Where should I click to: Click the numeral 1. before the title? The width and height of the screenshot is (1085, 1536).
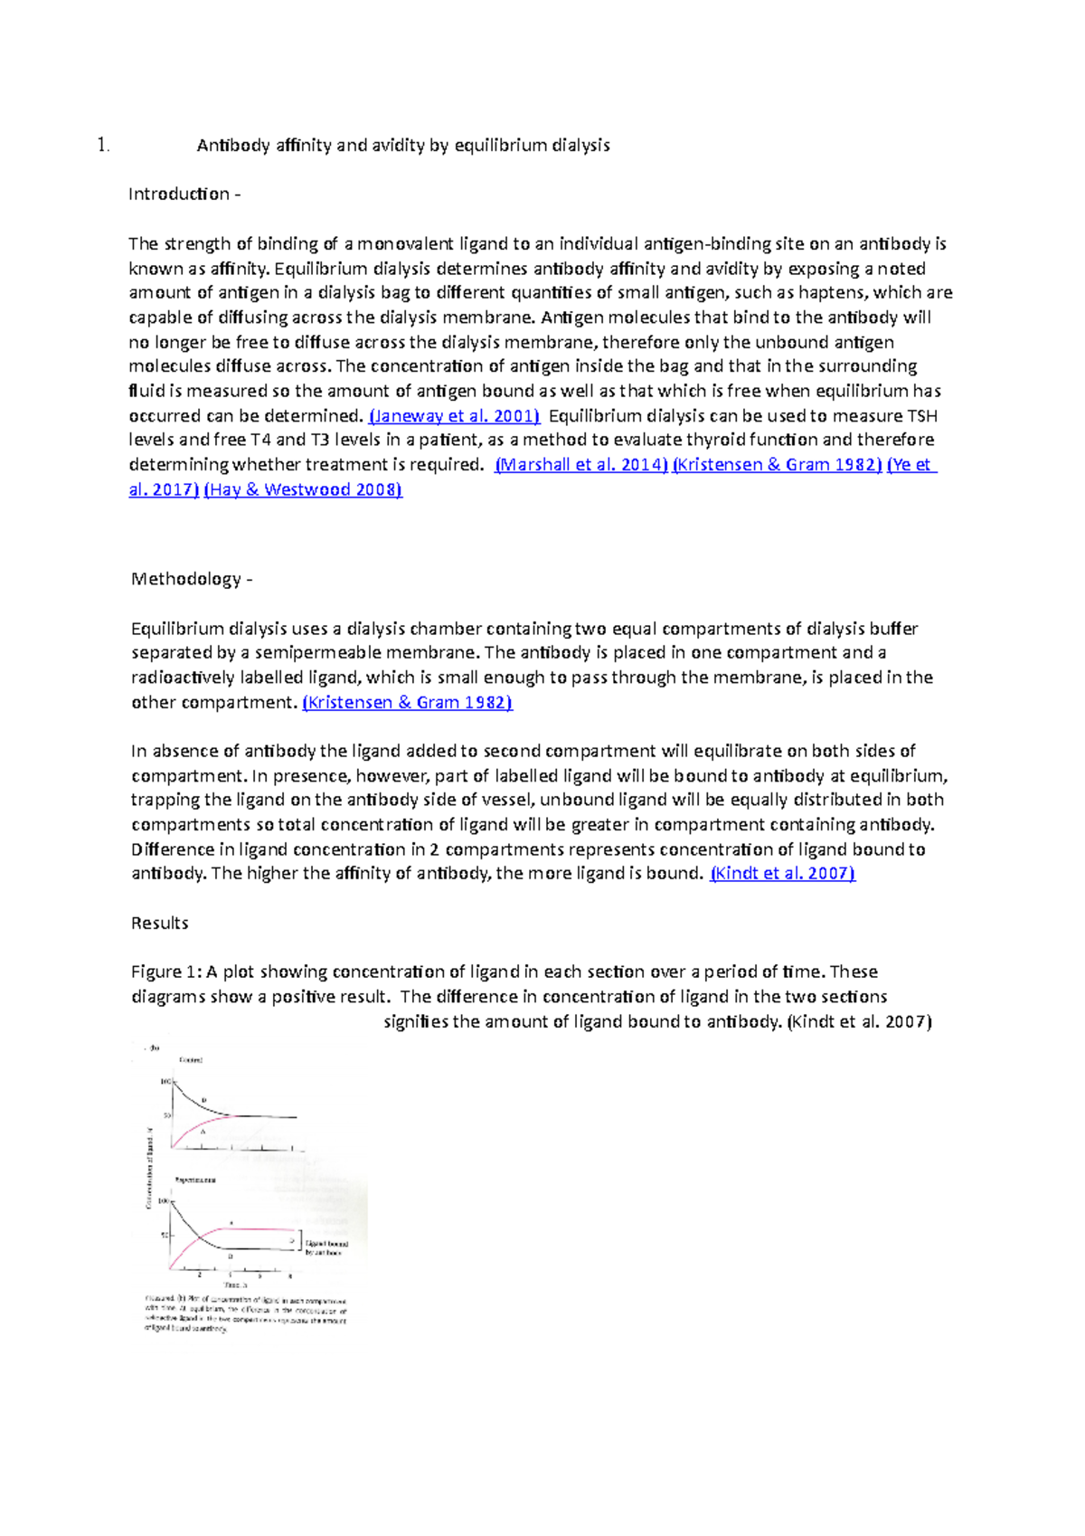click(x=103, y=146)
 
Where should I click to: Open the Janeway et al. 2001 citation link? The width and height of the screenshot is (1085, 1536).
click(x=455, y=416)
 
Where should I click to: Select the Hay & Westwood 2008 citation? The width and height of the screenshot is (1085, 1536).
click(x=303, y=490)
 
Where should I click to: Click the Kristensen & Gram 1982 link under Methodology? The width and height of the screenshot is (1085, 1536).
click(x=408, y=703)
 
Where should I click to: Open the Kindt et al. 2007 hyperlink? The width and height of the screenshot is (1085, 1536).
click(x=783, y=874)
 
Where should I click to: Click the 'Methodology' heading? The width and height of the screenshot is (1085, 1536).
click(x=186, y=579)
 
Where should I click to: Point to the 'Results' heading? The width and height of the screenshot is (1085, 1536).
click(x=160, y=924)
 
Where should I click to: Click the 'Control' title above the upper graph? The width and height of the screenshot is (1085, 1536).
click(x=191, y=1060)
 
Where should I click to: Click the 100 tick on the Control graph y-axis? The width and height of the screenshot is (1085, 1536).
click(x=165, y=1082)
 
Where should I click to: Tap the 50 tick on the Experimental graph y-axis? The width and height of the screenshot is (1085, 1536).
click(x=165, y=1235)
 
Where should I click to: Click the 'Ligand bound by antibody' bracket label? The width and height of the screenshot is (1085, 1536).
click(x=325, y=1248)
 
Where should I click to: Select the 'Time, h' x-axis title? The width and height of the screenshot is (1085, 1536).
click(x=235, y=1285)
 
